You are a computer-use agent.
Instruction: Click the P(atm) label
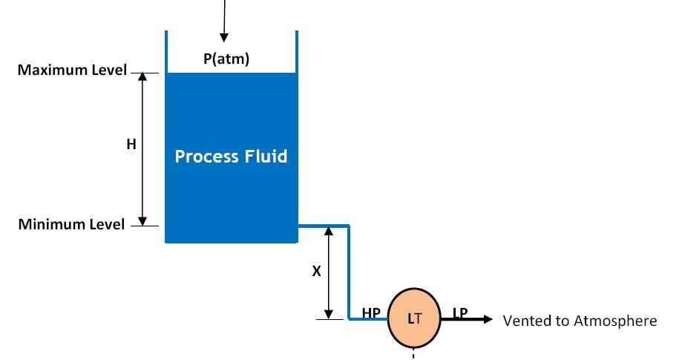(226, 60)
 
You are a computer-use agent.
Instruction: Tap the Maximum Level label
(72, 71)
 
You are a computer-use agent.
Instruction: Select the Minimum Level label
(71, 224)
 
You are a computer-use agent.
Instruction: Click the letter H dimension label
(131, 145)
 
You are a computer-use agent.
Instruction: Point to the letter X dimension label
(316, 272)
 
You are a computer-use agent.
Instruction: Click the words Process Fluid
(231, 157)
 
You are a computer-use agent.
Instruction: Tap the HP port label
(371, 313)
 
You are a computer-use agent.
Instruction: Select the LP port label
(460, 313)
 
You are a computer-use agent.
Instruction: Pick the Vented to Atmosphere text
(580, 321)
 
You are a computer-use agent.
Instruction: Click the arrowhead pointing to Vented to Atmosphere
(487, 320)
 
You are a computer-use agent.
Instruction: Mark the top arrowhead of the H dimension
(143, 78)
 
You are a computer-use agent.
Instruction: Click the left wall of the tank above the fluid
(166, 51)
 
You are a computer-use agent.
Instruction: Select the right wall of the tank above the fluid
(297, 51)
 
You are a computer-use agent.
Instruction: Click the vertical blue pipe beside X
(349, 272)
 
